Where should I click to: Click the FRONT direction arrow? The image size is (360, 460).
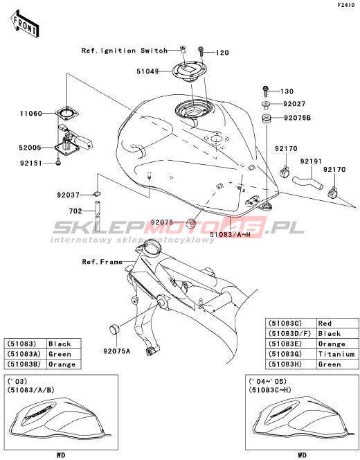[24, 24]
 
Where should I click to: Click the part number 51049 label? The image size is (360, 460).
[147, 71]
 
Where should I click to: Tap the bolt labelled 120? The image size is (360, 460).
[201, 52]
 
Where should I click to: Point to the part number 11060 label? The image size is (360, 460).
[31, 113]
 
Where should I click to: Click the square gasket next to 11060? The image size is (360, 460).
[67, 114]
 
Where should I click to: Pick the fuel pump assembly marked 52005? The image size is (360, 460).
[73, 141]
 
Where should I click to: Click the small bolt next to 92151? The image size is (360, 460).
[57, 161]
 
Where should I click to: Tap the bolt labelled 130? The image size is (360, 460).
[266, 91]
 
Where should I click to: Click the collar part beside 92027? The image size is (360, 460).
[266, 105]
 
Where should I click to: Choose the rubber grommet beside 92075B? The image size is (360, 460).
[266, 119]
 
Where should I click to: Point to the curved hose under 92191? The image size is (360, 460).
[307, 182]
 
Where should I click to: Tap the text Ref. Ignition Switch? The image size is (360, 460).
[125, 51]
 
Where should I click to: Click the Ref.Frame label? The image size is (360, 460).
[102, 262]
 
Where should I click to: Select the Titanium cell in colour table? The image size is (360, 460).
[336, 354]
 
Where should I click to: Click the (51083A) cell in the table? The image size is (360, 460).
[24, 354]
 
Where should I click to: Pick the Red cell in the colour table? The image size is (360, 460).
[325, 324]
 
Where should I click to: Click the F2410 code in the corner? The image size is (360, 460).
[346, 5]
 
